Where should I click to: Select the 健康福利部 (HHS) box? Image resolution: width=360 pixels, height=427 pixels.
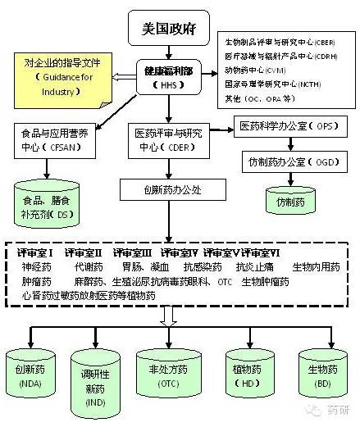167,77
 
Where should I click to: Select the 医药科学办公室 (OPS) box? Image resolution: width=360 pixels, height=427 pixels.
291,127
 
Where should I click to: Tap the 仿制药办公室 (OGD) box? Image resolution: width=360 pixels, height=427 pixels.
292,161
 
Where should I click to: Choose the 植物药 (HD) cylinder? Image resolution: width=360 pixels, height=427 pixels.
248,375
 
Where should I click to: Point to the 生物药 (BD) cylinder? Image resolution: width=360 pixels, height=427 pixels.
322,375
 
